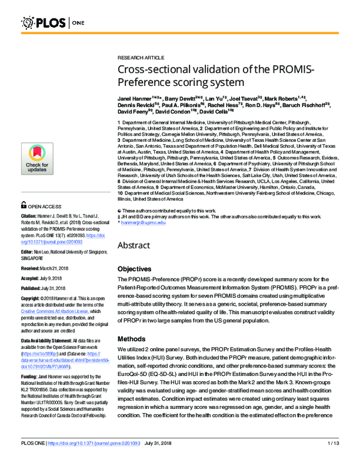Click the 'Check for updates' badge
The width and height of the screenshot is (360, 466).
coord(37,160)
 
